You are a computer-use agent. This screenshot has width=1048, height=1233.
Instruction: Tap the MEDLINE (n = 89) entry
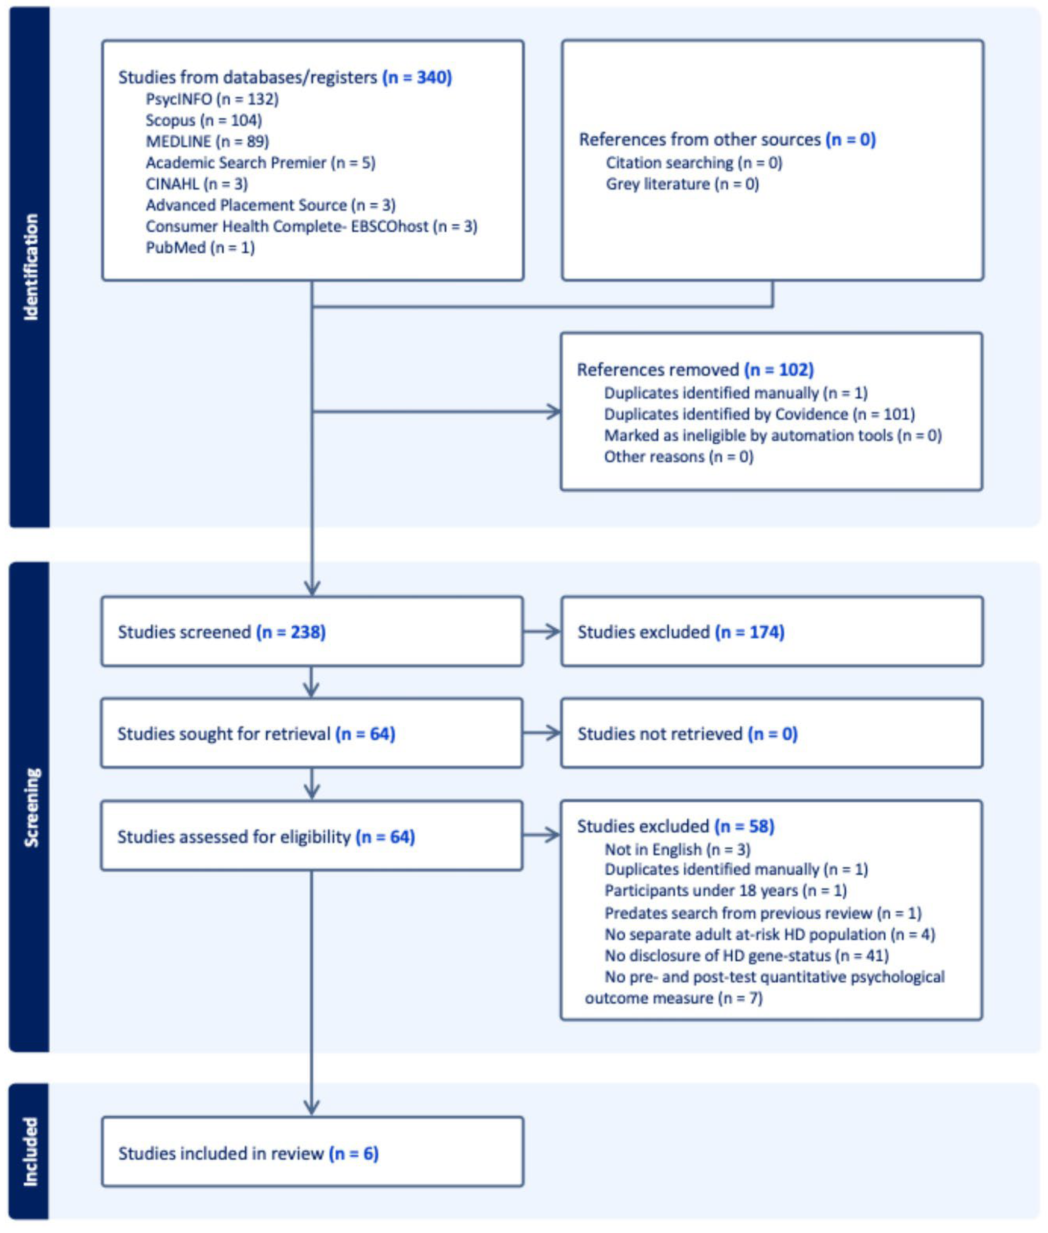click(207, 142)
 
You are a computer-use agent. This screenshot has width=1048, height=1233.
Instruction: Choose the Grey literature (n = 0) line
click(682, 184)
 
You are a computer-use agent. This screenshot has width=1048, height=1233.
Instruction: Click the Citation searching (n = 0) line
click(694, 163)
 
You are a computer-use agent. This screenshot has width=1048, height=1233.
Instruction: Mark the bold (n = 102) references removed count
click(779, 370)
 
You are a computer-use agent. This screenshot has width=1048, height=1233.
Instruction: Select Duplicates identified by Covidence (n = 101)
click(759, 414)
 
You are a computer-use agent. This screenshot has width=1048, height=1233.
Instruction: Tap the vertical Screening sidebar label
click(31, 807)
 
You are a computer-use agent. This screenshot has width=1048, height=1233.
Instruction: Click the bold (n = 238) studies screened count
click(290, 632)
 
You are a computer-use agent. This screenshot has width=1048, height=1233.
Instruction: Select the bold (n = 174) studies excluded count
click(750, 632)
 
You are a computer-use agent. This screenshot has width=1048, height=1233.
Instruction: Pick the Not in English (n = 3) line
click(677, 850)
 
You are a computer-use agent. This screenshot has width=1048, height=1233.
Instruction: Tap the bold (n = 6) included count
click(353, 1153)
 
